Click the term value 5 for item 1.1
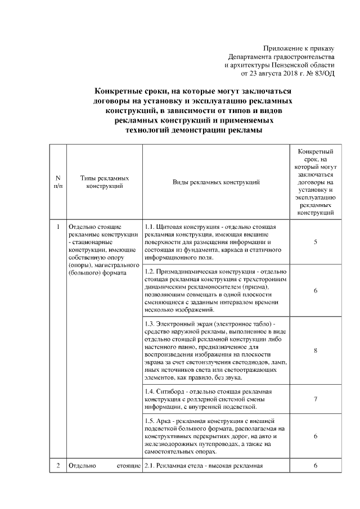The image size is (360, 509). (x=316, y=242)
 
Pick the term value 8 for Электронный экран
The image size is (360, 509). (x=316, y=350)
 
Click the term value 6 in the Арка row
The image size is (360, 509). (x=316, y=436)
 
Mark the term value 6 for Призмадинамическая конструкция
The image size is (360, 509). (x=316, y=290)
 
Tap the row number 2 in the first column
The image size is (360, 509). (x=58, y=466)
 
